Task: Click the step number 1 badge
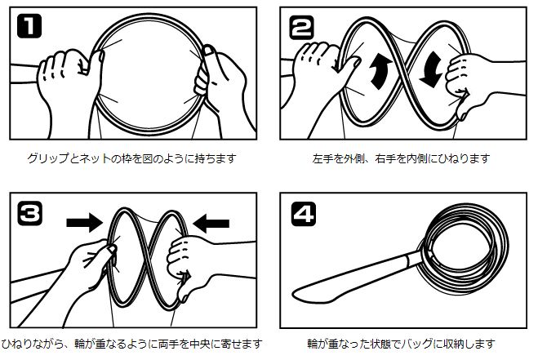coord(29,26)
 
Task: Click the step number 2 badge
coord(301,27)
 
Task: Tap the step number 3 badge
coord(30,213)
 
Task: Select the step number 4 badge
coord(304,215)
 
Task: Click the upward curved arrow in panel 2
coord(380,70)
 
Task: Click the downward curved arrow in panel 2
coord(431,69)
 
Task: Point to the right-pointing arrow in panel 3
coord(84,222)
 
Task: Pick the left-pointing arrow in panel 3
coord(211,224)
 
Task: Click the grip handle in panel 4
coord(353,278)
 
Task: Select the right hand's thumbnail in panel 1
coord(207,51)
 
